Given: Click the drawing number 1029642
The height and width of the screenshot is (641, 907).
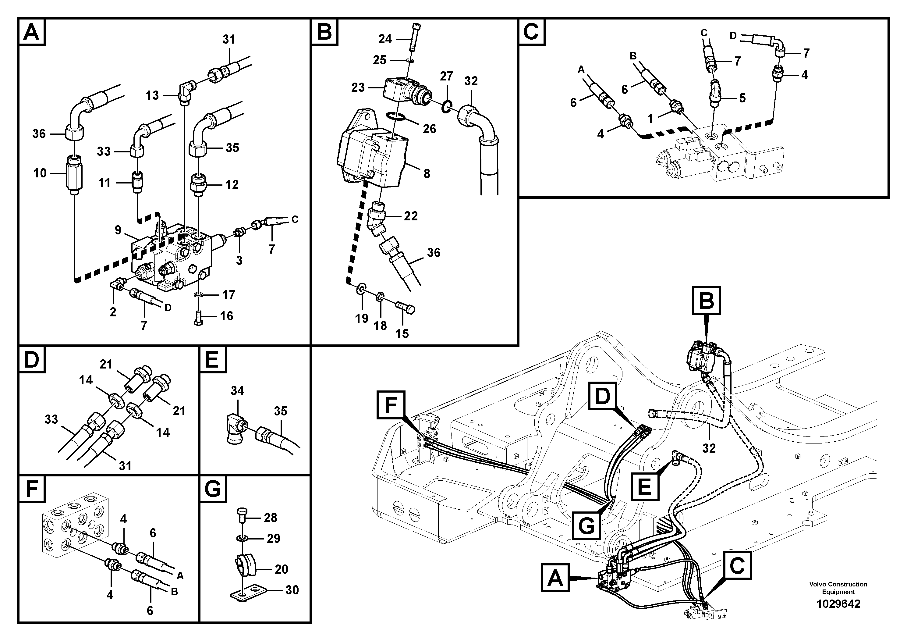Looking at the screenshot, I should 838,604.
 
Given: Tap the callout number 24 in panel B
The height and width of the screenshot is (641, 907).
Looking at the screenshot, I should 385,39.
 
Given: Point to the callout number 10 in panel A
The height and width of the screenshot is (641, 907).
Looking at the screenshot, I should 40,173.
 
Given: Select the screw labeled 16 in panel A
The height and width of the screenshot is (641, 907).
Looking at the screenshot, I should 199,317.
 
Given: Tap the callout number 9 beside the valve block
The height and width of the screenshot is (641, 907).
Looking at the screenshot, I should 118,230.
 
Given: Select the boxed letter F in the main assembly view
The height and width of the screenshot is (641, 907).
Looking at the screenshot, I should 390,405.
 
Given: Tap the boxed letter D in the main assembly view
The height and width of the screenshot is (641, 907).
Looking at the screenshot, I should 602,396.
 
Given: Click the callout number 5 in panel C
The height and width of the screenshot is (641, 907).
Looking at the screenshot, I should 742,98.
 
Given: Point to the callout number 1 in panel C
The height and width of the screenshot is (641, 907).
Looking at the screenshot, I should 650,118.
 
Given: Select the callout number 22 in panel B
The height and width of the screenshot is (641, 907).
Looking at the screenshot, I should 410,216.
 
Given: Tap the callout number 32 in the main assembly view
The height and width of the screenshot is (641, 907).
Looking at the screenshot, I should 709,448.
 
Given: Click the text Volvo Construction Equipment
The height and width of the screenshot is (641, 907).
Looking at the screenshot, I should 838,588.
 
